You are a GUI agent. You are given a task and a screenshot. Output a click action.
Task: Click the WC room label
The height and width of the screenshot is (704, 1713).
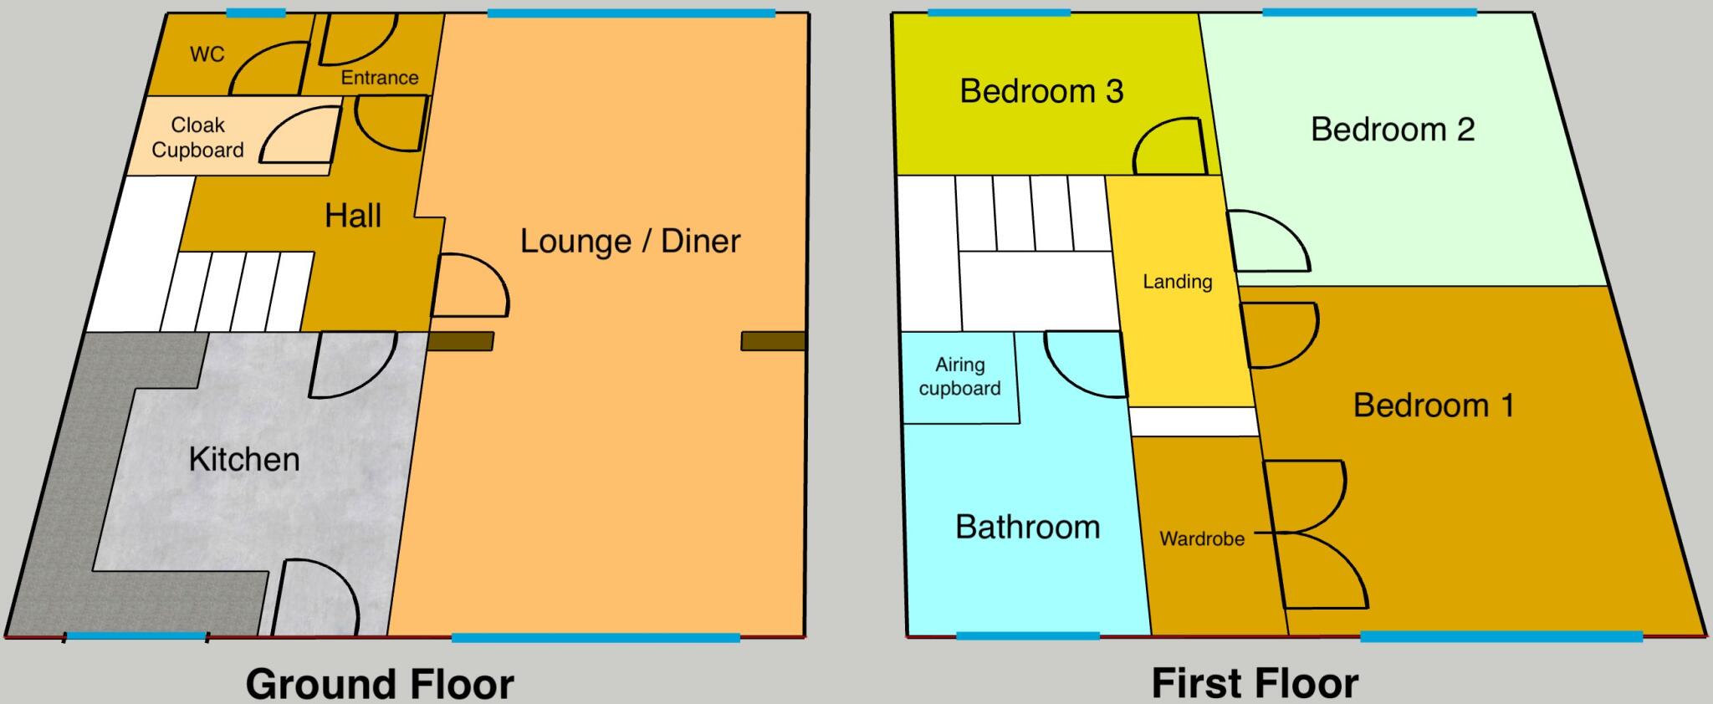pyautogui.click(x=207, y=54)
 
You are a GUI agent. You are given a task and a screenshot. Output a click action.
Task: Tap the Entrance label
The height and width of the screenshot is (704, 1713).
pyautogui.click(x=380, y=78)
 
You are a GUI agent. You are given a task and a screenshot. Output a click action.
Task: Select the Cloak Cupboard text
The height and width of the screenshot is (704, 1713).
pyautogui.click(x=198, y=138)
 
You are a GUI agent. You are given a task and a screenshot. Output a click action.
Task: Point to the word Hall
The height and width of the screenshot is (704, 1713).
pyautogui.click(x=353, y=216)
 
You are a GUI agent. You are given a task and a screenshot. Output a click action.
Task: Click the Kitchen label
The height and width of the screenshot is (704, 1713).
pyautogui.click(x=243, y=459)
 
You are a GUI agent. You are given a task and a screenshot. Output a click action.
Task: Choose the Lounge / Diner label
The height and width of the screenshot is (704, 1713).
pyautogui.click(x=630, y=241)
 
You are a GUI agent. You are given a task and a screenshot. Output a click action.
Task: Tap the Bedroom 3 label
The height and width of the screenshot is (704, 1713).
pyautogui.click(x=1041, y=90)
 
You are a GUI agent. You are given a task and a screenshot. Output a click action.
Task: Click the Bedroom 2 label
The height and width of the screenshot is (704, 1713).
pyautogui.click(x=1392, y=129)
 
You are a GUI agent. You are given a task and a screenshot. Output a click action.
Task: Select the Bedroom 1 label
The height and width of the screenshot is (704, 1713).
pyautogui.click(x=1433, y=406)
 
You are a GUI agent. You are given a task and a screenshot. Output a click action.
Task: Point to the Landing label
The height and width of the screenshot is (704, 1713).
pyautogui.click(x=1177, y=282)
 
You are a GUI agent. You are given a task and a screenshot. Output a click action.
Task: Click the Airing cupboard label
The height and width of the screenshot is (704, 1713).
pyautogui.click(x=959, y=376)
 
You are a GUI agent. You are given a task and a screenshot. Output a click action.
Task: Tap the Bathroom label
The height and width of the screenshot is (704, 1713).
pyautogui.click(x=1027, y=527)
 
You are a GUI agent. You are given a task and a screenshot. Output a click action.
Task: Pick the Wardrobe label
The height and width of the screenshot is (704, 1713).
pyautogui.click(x=1201, y=539)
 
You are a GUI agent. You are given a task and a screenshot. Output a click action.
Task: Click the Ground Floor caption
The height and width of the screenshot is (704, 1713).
pyautogui.click(x=380, y=683)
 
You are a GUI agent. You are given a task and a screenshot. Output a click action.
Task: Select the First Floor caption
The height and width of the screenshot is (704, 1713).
pyautogui.click(x=1255, y=683)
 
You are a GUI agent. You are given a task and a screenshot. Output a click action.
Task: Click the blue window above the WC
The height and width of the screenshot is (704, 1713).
pyautogui.click(x=255, y=13)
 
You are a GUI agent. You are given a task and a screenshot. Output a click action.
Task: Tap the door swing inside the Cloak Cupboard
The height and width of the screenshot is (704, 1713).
pyautogui.click(x=297, y=138)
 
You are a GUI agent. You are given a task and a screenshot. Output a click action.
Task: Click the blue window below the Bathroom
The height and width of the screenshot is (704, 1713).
pyautogui.click(x=1027, y=636)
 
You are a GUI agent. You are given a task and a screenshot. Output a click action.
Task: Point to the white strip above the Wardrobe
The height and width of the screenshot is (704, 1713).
pyautogui.click(x=1194, y=421)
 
